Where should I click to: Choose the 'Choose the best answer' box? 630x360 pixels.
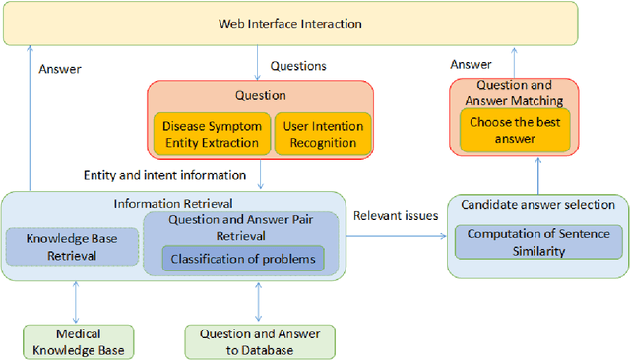point(515,131)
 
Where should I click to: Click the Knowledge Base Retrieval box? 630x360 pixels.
point(73,246)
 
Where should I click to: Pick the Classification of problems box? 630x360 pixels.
point(242,260)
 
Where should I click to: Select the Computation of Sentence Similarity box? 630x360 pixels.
point(537,242)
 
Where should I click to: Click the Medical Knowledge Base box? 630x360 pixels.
point(79,339)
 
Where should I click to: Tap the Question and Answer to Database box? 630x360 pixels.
point(259,339)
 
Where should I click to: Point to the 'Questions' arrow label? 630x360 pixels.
point(298,66)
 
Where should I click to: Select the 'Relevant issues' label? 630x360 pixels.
point(397,215)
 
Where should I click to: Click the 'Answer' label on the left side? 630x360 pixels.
point(59,69)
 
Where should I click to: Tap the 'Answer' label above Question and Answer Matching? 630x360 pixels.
point(471,65)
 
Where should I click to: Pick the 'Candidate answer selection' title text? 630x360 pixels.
point(537,205)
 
